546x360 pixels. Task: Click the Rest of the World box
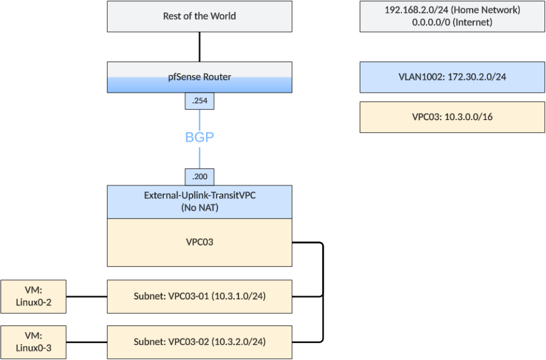199,16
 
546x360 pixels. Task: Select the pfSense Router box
199,77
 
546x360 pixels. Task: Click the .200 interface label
199,177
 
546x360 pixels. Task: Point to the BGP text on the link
199,137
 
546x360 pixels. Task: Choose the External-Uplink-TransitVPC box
199,196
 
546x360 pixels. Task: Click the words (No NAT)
199,207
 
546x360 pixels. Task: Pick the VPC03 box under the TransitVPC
199,242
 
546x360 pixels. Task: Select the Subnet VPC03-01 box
199,296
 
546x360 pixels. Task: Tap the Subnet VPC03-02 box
199,341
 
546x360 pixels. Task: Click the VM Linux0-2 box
34,296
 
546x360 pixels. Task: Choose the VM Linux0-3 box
34,341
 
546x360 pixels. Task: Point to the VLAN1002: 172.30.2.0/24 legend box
452,77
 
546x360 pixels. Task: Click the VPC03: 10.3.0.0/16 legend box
452,117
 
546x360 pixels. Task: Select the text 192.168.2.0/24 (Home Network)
452,10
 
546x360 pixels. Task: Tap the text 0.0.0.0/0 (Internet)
452,22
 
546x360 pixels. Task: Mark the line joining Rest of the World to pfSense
199,46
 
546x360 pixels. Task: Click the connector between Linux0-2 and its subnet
86,296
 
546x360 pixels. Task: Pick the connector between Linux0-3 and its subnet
86,341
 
